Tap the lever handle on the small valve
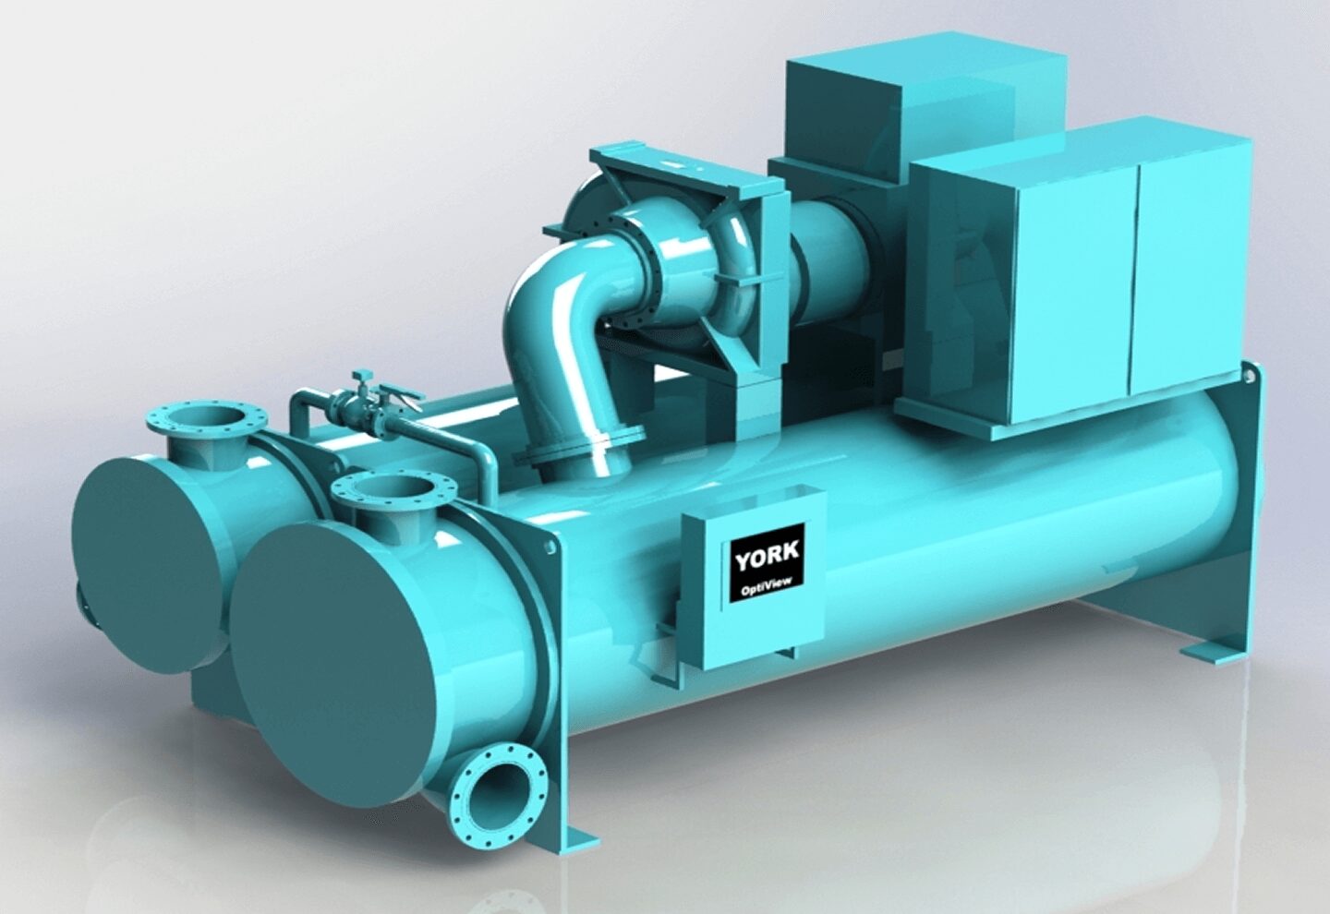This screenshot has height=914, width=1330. [396, 396]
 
